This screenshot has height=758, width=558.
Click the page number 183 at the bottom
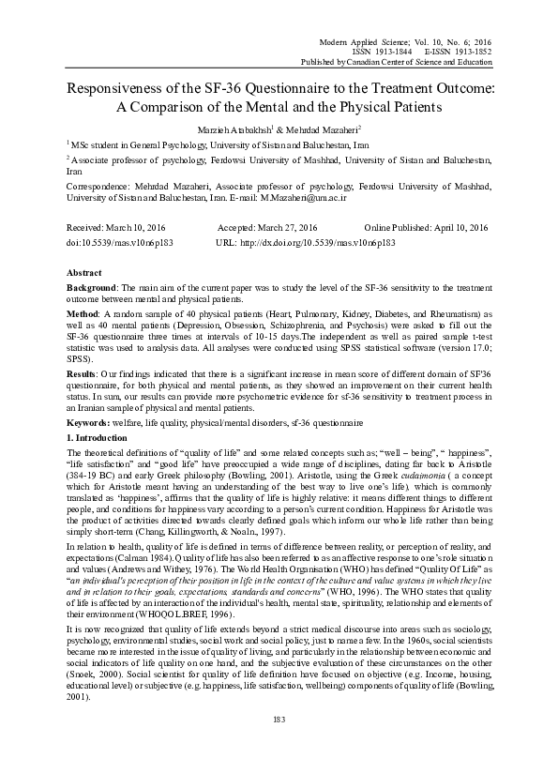(278, 745)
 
